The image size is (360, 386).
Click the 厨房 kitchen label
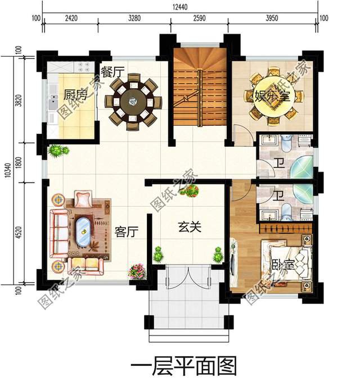tap(75, 95)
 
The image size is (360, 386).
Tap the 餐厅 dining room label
tap(112, 72)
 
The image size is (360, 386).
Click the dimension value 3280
tap(134, 19)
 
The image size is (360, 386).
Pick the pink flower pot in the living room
tap(135, 271)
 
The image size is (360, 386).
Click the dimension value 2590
tap(199, 19)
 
